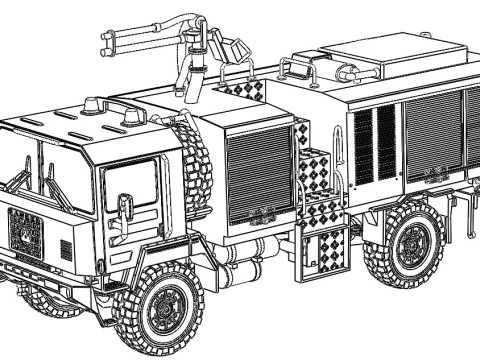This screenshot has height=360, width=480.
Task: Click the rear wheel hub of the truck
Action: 412,245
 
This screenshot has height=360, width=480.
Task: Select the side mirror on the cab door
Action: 125,209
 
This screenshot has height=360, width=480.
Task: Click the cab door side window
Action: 132,185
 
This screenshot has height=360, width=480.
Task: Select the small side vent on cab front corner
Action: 67,247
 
